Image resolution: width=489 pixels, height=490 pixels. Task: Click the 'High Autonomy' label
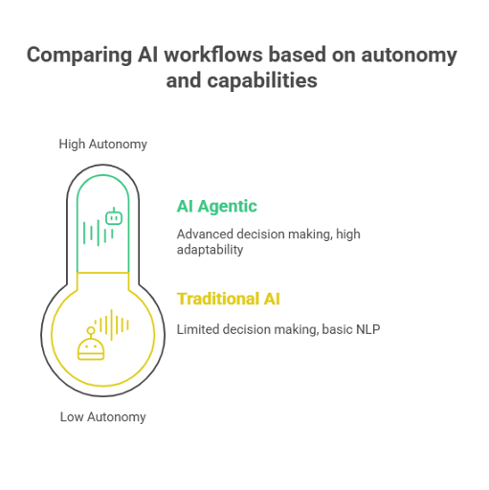point(102,145)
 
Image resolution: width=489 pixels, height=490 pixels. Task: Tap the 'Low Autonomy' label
point(102,417)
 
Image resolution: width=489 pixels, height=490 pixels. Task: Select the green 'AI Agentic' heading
point(217,207)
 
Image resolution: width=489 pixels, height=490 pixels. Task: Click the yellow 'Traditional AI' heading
point(229,299)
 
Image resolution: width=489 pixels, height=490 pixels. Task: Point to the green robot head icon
point(114,216)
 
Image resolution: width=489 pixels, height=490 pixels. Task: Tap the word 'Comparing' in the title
point(79,56)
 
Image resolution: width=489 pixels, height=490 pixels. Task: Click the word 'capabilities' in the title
point(262,81)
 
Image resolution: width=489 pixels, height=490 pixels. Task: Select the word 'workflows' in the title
point(213,55)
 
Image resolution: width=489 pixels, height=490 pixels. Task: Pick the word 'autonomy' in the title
point(410,56)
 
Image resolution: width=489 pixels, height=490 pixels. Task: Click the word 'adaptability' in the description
point(210,250)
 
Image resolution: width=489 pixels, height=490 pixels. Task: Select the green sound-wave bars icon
point(99,233)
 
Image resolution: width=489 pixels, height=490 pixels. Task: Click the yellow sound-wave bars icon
point(112,324)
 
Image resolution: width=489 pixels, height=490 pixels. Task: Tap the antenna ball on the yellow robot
point(91,330)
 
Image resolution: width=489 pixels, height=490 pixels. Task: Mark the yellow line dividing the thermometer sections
point(103,273)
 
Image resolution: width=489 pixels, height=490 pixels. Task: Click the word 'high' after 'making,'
point(348,234)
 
